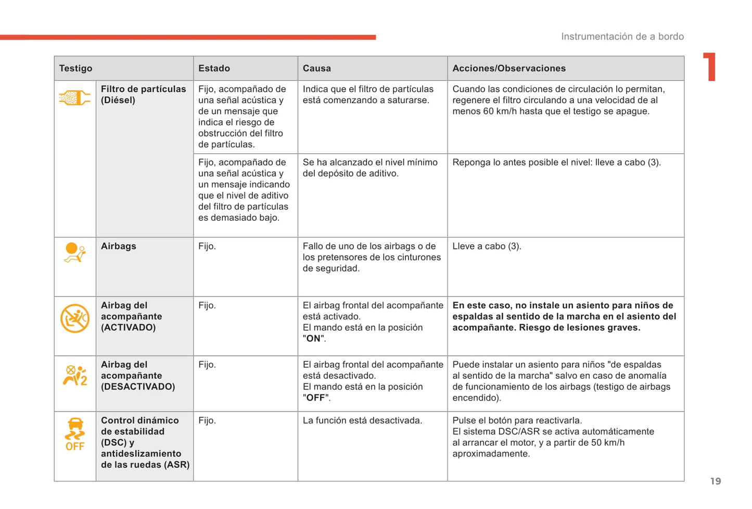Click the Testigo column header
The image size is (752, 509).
point(75,68)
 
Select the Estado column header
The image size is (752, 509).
point(214,68)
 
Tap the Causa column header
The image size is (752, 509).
point(316,68)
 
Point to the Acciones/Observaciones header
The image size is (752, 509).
point(508,68)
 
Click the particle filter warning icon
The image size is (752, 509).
point(74,97)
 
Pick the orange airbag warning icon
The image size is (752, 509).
point(74,253)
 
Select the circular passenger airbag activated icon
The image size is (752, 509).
point(75,318)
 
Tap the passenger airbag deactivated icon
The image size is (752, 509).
point(75,376)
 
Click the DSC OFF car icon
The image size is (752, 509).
point(75,433)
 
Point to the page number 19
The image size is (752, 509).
point(716,481)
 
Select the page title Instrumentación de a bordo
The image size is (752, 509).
point(622,36)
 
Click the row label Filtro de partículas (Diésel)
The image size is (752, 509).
point(143,94)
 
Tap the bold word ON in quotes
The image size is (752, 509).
point(313,339)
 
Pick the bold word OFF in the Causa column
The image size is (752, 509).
point(315,398)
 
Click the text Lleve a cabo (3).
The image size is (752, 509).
point(486,246)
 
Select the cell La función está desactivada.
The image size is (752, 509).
point(362,420)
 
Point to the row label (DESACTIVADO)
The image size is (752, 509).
point(137,387)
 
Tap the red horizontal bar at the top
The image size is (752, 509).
point(187,38)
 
